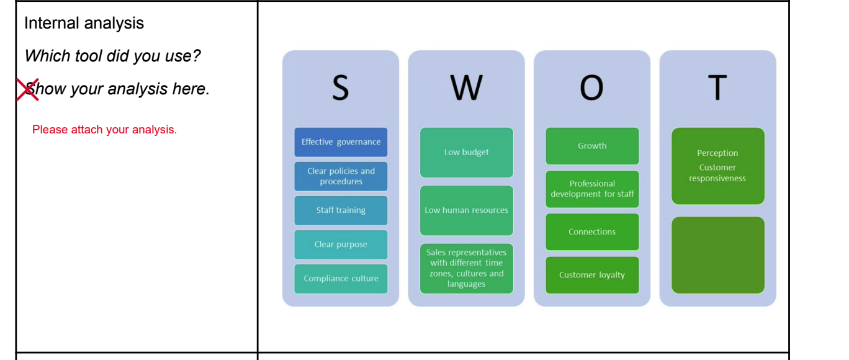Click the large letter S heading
[340, 88]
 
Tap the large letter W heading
[466, 88]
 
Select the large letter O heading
[591, 88]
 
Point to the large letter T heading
[717, 88]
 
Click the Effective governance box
[341, 142]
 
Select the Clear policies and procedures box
[341, 176]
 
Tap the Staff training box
[341, 210]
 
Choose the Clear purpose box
[341, 245]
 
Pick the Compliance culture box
[341, 279]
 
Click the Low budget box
[466, 153]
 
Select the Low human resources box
[466, 210]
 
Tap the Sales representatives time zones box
[466, 268]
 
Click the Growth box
[592, 146]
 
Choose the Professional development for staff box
[592, 189]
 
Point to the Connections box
[592, 232]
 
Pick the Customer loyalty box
[592, 275]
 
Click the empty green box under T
[717, 255]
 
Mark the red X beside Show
[27, 89]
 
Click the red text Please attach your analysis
[104, 130]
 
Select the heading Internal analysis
[84, 23]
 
